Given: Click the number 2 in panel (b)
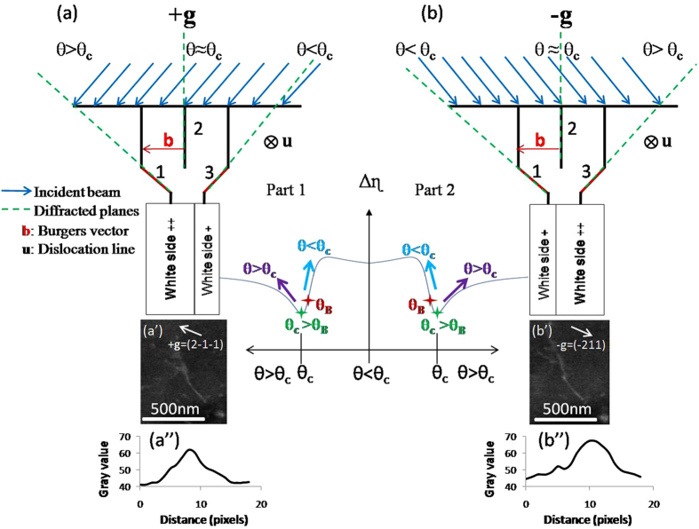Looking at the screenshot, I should click(x=572, y=130).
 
